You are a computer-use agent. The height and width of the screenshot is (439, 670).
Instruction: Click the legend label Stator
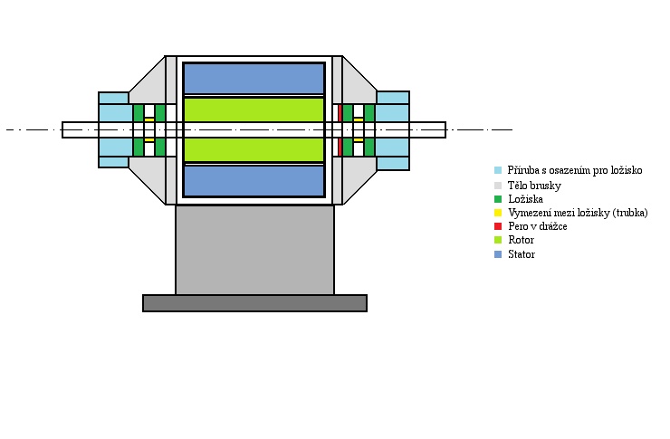[522, 255]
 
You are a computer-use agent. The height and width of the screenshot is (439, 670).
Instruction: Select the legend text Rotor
[522, 241]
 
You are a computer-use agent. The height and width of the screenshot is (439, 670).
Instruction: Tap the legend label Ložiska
[526, 198]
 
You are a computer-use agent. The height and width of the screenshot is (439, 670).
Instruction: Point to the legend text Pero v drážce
[538, 226]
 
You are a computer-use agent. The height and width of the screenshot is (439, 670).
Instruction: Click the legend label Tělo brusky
[534, 185]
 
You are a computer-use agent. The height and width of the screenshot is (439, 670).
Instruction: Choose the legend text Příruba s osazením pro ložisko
[575, 170]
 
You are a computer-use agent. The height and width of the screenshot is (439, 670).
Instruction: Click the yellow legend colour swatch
[498, 213]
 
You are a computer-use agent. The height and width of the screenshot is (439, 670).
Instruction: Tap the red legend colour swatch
[498, 226]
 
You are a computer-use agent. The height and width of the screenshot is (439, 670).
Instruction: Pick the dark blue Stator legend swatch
[498, 255]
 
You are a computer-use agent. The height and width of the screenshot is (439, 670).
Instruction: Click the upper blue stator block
[254, 78]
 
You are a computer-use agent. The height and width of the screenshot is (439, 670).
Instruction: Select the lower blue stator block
[254, 180]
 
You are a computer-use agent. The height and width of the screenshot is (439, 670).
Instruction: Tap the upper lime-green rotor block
[254, 110]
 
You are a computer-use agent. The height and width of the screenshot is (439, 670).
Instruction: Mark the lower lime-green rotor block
[254, 148]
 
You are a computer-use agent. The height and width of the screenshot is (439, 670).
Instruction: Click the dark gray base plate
[254, 303]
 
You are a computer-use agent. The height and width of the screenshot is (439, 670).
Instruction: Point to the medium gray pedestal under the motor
[254, 250]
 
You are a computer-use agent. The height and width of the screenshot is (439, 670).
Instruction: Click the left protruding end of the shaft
[80, 129]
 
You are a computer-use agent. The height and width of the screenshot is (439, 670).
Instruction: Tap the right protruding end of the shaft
[427, 129]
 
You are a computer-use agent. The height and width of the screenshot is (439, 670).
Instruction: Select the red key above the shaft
[340, 113]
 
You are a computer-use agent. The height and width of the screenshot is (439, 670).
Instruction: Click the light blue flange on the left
[114, 113]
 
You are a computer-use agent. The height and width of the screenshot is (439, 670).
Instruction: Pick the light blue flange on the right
[393, 113]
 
